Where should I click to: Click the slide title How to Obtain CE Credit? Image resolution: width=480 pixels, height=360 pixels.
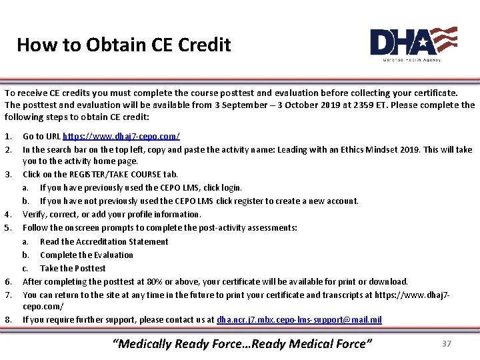coord(123,45)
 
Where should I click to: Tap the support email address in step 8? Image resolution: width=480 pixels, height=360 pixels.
coord(299,319)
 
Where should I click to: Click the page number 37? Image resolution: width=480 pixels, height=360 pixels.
coord(447,343)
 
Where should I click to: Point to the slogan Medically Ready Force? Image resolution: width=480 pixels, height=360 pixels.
coord(243,344)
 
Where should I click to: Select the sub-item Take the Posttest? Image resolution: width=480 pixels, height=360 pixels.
coord(72,268)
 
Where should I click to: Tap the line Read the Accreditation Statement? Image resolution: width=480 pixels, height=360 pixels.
coord(104,241)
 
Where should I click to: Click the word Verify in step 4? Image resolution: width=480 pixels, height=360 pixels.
coord(35,214)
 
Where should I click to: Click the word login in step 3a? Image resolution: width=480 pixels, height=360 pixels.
coord(231,187)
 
